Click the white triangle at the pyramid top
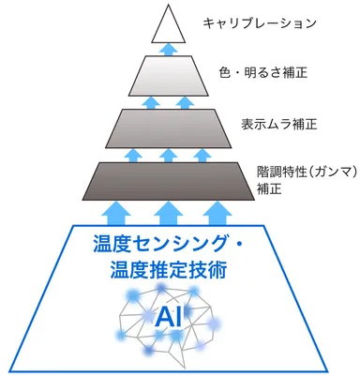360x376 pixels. (168, 25)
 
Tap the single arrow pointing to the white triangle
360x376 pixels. (168, 49)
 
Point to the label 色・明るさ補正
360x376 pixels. (263, 71)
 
